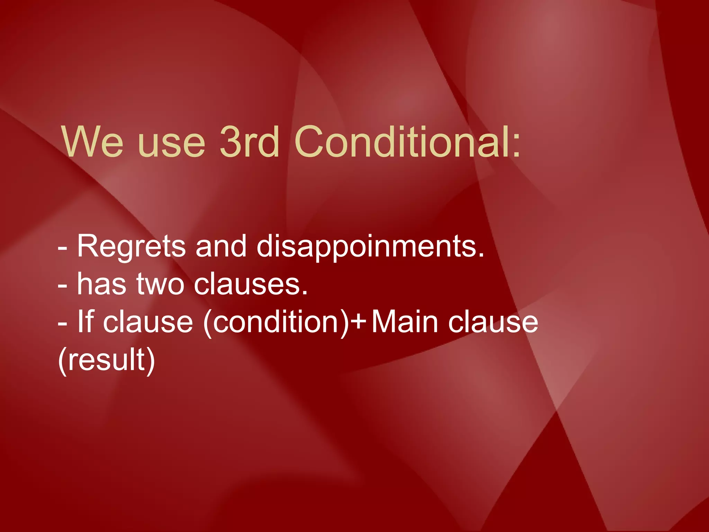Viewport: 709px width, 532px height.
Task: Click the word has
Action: click(101, 284)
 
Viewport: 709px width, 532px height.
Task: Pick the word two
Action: click(160, 284)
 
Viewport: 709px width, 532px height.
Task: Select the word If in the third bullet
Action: click(85, 321)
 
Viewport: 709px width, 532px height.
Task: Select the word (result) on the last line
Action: click(106, 360)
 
